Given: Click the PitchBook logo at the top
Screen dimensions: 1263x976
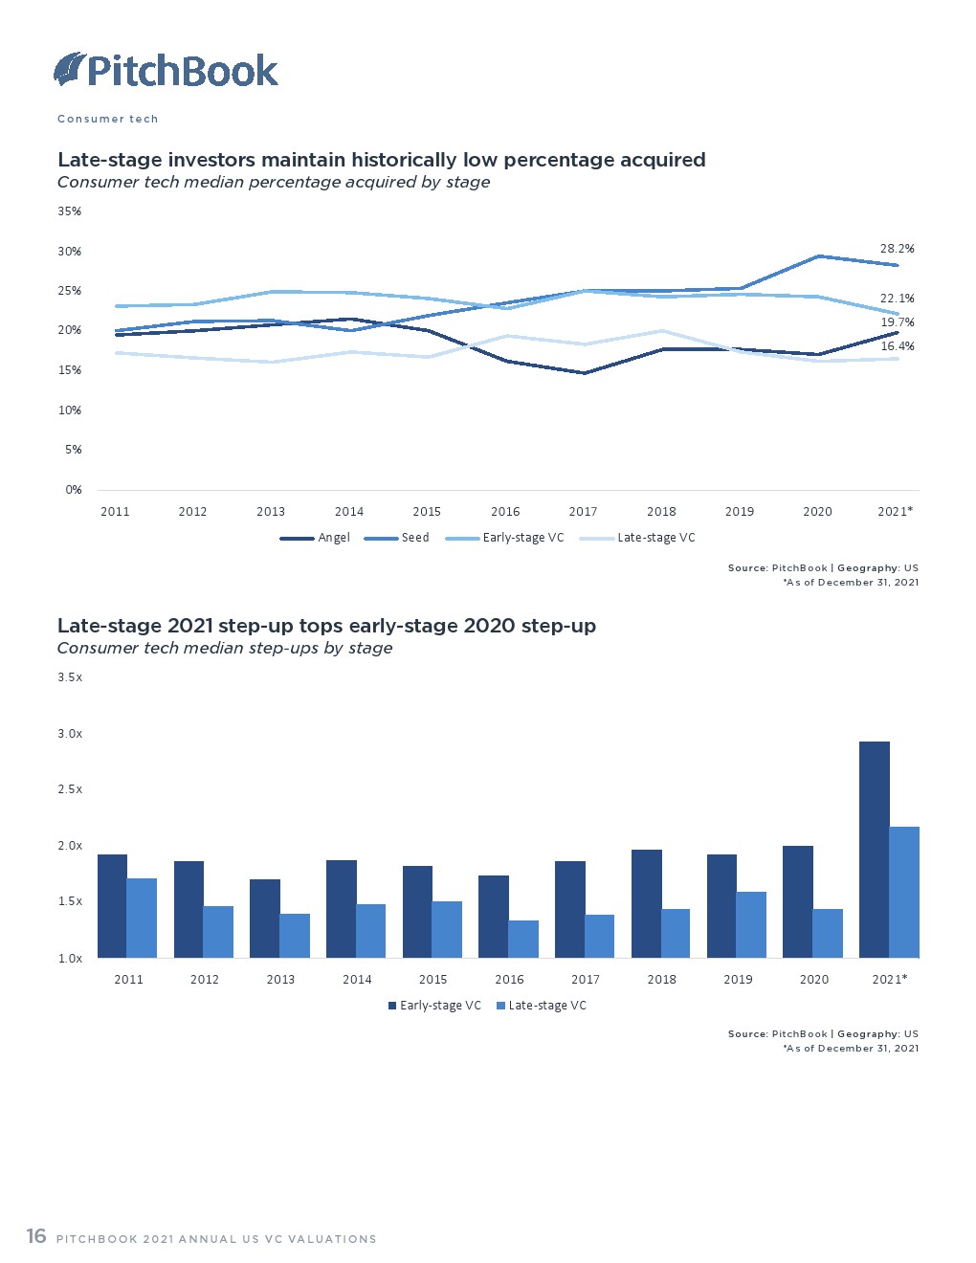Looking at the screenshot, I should [166, 70].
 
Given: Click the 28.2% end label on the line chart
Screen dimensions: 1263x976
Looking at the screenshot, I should [897, 249].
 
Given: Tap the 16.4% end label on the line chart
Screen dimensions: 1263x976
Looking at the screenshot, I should [897, 346].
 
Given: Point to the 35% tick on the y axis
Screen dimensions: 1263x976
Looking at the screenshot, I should [70, 211].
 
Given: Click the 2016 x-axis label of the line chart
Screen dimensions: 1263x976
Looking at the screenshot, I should [505, 512].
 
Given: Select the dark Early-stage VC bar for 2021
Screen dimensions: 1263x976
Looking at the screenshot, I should [874, 849].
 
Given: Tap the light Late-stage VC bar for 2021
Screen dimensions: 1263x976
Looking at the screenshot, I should [904, 892].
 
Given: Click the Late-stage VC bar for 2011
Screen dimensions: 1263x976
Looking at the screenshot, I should [142, 918].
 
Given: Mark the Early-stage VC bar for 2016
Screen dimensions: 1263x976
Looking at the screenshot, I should [494, 916].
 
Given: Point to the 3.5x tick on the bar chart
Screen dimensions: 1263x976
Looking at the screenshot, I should [70, 677].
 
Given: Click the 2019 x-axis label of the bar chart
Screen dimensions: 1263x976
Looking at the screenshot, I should [738, 980].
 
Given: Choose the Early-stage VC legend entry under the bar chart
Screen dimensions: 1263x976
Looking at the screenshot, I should [434, 1006].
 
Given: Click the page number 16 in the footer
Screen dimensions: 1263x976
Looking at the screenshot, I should [36, 1236].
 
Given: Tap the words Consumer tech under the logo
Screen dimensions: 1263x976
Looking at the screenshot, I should [107, 120].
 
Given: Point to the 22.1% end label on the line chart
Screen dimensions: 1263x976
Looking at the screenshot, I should [897, 299].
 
